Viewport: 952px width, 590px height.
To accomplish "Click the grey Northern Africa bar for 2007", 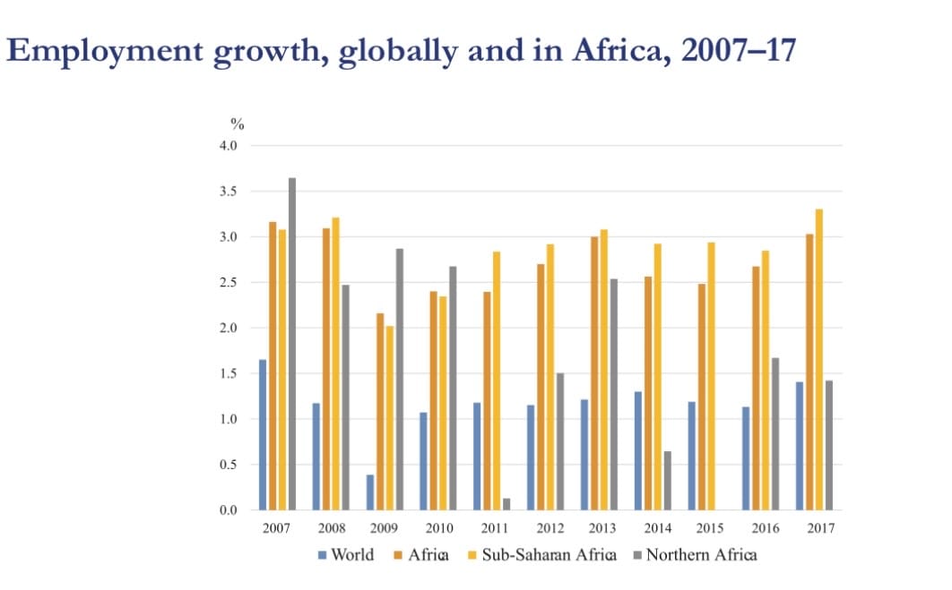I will pyautogui.click(x=292, y=344).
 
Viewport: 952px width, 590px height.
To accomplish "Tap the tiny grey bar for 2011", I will pyautogui.click(x=506, y=504).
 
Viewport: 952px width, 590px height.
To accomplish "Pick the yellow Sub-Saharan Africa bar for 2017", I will pyautogui.click(x=818, y=360).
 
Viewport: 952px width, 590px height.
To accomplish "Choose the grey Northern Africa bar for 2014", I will pyautogui.click(x=668, y=481).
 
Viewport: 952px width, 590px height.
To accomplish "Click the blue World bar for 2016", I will pyautogui.click(x=745, y=458).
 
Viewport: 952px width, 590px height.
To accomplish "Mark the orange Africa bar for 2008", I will pyautogui.click(x=326, y=369).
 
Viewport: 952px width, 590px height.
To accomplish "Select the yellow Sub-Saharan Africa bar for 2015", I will pyautogui.click(x=711, y=376).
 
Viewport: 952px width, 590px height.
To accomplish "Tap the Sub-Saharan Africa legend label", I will pyautogui.click(x=549, y=554).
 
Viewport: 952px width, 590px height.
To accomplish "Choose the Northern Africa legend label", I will pyautogui.click(x=701, y=554).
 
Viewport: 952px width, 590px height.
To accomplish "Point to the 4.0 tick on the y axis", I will pyautogui.click(x=228, y=146).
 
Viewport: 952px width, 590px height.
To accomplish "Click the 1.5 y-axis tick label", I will pyautogui.click(x=228, y=374).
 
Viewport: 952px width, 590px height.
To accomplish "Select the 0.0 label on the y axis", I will pyautogui.click(x=228, y=510).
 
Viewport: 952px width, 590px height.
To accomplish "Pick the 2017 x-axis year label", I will pyautogui.click(x=820, y=528).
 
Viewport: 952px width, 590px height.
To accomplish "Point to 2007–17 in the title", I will pyautogui.click(x=738, y=50).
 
